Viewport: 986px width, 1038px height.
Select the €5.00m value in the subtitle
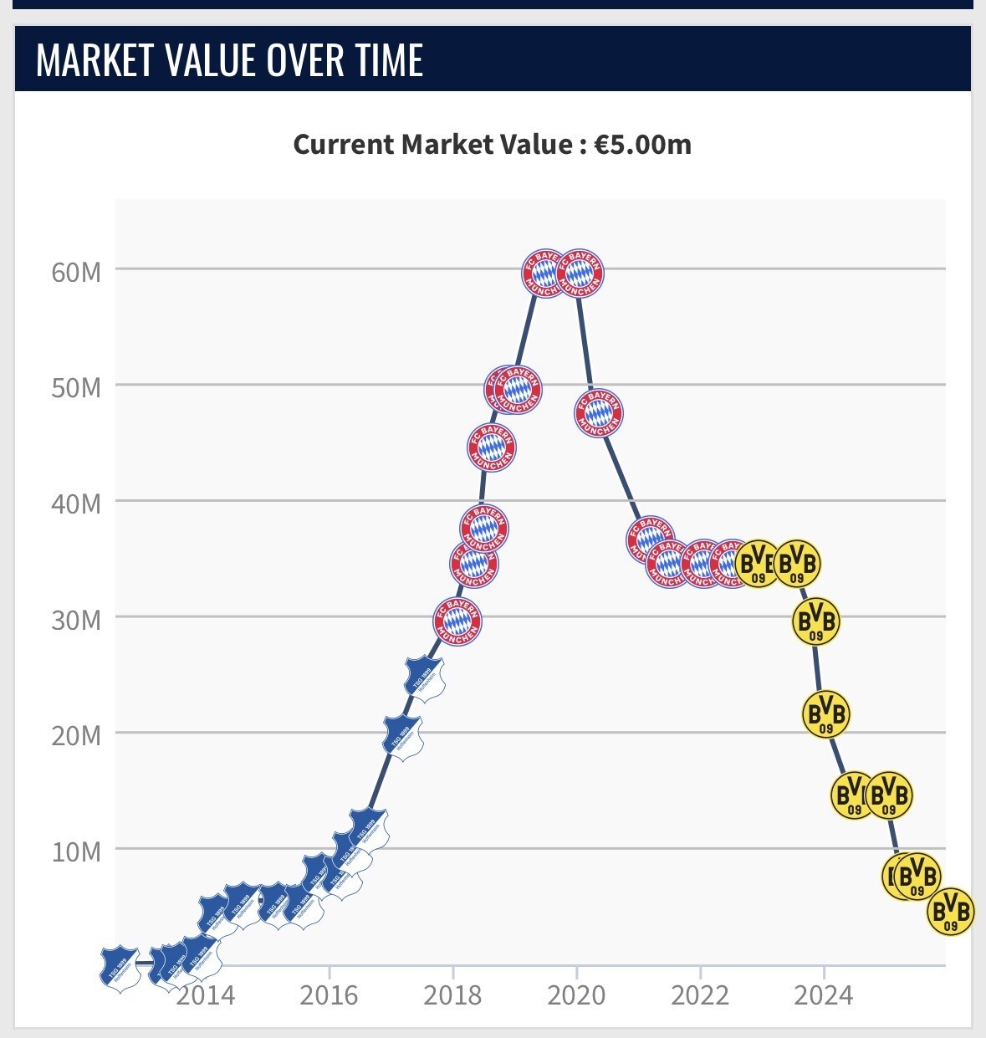(x=642, y=145)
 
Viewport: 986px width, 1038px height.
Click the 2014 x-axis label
(x=206, y=995)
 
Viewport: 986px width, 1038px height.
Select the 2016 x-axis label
(x=329, y=995)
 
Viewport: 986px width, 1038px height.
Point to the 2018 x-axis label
(x=452, y=995)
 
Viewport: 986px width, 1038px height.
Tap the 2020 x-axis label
(x=576, y=995)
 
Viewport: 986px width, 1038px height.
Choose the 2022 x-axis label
(x=700, y=995)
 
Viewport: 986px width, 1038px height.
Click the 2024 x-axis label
(x=823, y=995)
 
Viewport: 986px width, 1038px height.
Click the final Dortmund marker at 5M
(x=951, y=911)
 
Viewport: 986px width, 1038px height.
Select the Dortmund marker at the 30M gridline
(x=815, y=621)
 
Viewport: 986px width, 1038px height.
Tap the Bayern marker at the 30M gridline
(x=457, y=621)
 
